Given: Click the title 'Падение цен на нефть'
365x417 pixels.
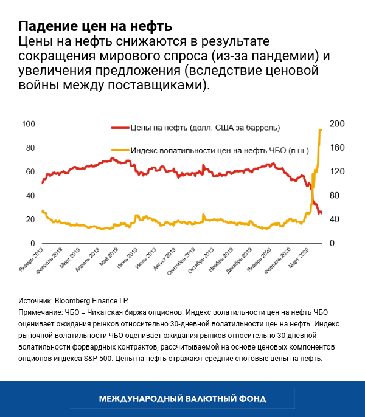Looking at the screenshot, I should pyautogui.click(x=95, y=27).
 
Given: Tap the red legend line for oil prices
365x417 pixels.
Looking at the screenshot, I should pyautogui.click(x=120, y=128).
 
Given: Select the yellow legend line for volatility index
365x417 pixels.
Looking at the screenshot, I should pyautogui.click(x=120, y=150).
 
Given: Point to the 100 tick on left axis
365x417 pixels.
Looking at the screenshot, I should pyautogui.click(x=28, y=124).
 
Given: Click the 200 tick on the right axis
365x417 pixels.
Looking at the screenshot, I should pyautogui.click(x=337, y=124).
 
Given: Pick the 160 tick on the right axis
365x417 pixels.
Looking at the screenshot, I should pyautogui.click(x=337, y=148).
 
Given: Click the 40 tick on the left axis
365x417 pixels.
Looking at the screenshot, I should pyautogui.click(x=30, y=196).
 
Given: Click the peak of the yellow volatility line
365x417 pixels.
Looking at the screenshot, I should pyautogui.click(x=321, y=129).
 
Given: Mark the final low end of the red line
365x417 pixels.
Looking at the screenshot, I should pyautogui.click(x=321, y=213).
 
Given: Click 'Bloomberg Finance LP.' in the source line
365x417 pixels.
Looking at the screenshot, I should pyautogui.click(x=92, y=300).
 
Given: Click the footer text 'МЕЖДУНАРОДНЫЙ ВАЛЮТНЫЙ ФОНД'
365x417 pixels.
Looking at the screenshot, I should pyautogui.click(x=182, y=398).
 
